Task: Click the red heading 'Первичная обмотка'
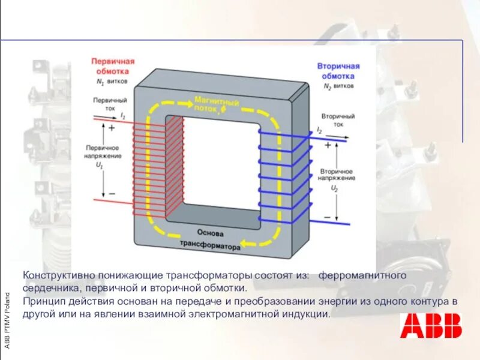[x=113, y=65]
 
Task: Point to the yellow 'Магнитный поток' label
[x=217, y=104]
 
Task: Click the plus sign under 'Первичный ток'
[x=112, y=127]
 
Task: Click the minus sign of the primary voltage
[x=112, y=194]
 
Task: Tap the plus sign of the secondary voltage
[x=328, y=145]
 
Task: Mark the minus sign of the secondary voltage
[x=328, y=216]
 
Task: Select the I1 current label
[x=123, y=115]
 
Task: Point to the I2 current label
[x=319, y=130]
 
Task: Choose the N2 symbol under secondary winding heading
[x=328, y=86]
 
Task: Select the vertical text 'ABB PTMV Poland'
[x=7, y=320]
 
